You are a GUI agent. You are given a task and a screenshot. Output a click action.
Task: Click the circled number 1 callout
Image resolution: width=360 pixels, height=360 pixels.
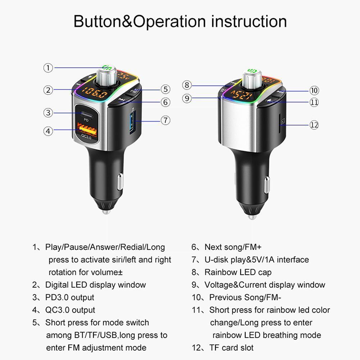(x=49, y=68)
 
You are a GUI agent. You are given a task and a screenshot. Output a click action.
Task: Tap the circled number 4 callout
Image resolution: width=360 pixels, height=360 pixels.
(x=49, y=131)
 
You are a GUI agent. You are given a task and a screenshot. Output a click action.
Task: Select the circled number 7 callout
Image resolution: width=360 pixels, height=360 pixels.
(x=165, y=120)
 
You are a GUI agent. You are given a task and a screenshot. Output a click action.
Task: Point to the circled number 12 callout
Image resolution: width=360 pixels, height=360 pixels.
(x=314, y=125)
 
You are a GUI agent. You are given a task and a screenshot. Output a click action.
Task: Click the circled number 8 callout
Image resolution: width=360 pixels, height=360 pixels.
(x=186, y=85)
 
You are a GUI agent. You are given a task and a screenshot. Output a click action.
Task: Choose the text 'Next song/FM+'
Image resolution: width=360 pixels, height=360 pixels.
(x=233, y=247)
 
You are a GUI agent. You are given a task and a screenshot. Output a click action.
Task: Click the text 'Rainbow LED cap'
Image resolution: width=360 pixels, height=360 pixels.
(x=238, y=272)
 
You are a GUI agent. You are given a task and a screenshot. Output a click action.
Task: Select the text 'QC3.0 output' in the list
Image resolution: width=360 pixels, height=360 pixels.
(x=70, y=310)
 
